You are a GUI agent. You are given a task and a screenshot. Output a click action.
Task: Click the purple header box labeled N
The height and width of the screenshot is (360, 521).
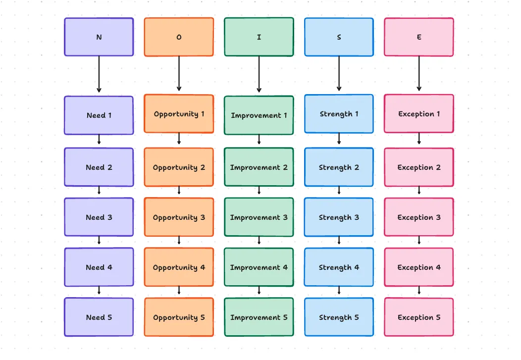click(x=99, y=37)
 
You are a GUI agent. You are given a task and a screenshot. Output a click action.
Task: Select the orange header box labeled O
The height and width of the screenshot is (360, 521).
click(x=179, y=37)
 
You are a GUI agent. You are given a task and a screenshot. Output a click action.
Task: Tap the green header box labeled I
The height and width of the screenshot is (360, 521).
click(x=259, y=37)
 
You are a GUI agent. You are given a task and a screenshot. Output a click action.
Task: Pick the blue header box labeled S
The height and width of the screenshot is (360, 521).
click(x=339, y=37)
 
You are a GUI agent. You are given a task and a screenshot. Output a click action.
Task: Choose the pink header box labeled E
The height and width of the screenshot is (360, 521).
click(x=419, y=37)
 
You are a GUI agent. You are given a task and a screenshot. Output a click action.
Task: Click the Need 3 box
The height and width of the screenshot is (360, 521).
click(x=99, y=217)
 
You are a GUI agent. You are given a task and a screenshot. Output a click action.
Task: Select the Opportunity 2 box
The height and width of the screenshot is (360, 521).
click(x=179, y=167)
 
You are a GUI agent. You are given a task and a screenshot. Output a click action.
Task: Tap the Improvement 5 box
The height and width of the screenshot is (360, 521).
click(x=259, y=317)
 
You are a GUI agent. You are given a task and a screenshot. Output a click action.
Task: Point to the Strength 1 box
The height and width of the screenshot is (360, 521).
click(x=339, y=114)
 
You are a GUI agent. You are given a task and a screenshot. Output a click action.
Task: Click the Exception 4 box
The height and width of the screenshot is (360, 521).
click(x=419, y=267)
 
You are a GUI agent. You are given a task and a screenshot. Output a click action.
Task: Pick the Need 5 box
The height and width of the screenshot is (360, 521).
click(x=99, y=317)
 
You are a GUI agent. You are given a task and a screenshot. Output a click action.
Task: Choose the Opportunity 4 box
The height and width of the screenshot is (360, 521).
click(x=179, y=267)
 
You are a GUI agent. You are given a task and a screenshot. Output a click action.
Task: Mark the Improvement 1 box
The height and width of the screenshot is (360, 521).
click(x=259, y=115)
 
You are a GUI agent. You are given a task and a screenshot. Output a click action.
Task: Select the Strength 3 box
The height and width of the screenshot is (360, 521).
click(x=339, y=217)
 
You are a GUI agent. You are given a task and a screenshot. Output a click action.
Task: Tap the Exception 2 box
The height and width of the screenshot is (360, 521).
click(x=419, y=167)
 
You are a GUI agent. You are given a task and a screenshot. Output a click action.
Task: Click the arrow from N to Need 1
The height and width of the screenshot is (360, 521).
click(x=99, y=74)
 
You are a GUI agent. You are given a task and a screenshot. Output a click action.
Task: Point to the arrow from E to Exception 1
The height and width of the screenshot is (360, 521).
click(x=419, y=73)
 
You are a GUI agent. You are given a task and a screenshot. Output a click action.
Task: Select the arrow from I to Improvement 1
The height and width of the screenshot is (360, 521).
click(x=259, y=74)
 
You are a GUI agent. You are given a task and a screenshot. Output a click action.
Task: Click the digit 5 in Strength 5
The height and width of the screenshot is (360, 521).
click(x=357, y=317)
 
